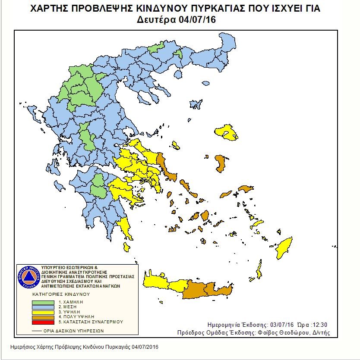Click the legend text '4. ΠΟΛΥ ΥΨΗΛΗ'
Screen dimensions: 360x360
coord(76,317)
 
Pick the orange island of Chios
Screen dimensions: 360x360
coord(222,164)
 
